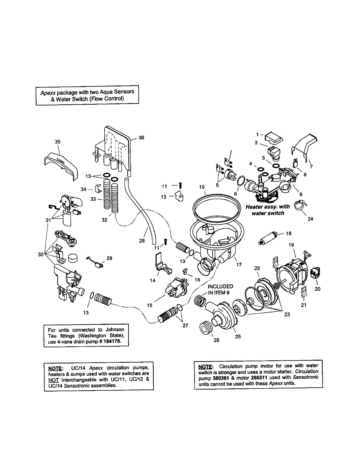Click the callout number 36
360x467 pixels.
coord(141,138)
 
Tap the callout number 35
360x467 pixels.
coord(58,142)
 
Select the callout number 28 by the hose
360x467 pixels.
coord(142,241)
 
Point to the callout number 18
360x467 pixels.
coord(288,234)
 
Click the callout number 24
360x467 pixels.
coord(310,219)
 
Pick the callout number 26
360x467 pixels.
coord(216,340)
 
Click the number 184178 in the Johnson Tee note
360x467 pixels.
coord(117,342)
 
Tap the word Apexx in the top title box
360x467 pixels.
coord(47,92)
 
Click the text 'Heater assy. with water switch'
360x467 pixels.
coord(268,210)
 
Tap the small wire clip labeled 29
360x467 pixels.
coord(94,262)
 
